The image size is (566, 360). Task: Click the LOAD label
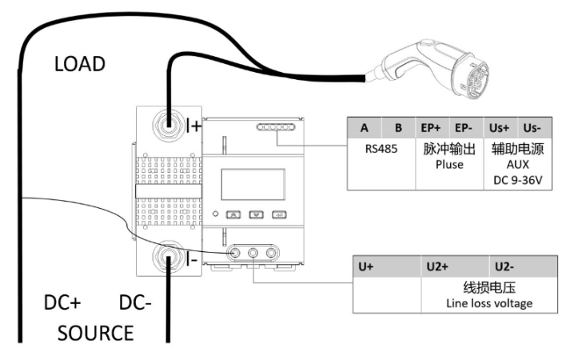point(79,64)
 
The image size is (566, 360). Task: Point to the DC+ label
point(62,304)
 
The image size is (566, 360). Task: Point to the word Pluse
point(448,163)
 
